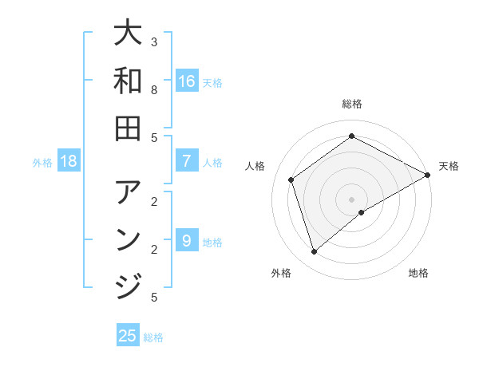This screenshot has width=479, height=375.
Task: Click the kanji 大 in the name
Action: [x=128, y=33]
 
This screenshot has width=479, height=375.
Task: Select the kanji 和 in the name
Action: [x=128, y=81]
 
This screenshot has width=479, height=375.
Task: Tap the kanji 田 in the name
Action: [x=128, y=128]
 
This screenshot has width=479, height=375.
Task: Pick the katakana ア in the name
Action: [x=128, y=192]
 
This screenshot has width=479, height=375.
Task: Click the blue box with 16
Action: [x=187, y=81]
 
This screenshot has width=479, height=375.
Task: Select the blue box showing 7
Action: [x=187, y=160]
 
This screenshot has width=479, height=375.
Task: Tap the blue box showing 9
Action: [x=187, y=240]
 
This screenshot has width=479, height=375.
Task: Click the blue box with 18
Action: [x=69, y=160]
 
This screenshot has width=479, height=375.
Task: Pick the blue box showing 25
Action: [x=128, y=336]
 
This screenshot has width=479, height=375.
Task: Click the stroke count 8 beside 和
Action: [x=154, y=90]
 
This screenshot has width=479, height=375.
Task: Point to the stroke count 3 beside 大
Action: [x=154, y=41]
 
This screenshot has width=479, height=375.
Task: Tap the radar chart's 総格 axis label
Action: [x=352, y=105]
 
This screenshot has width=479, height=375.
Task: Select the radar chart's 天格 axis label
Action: [x=449, y=166]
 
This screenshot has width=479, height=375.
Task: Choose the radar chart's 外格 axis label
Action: [x=281, y=274]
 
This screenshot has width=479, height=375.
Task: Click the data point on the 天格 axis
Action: [x=428, y=175]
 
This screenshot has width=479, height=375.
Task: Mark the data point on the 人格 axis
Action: [x=291, y=180]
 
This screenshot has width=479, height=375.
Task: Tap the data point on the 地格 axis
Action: [x=362, y=212]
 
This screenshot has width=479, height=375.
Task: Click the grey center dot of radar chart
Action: [x=352, y=199]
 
